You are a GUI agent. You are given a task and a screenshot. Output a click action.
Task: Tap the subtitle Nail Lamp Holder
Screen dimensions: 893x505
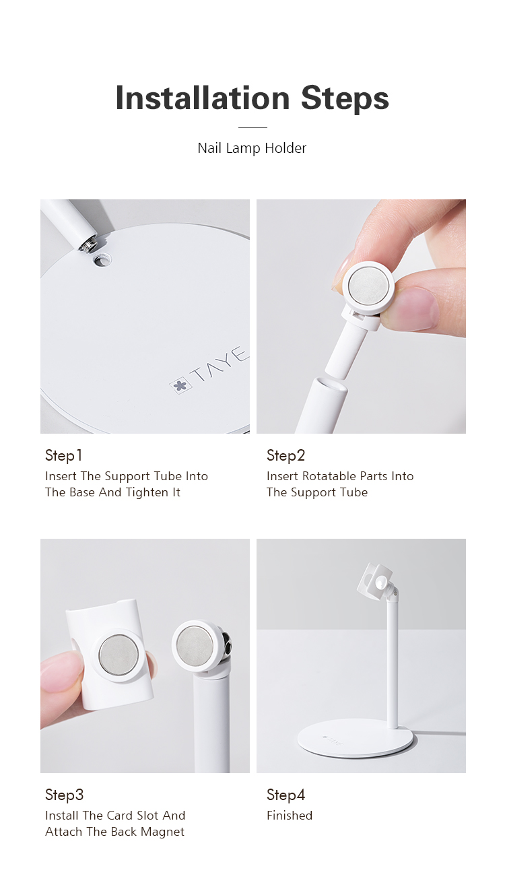pos(252,148)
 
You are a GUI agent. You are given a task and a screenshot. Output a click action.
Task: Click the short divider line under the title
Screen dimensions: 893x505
pos(252,127)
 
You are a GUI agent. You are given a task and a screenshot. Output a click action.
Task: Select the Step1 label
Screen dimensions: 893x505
pos(64,456)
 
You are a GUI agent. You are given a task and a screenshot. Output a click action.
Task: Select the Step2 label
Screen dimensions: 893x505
pos(286,456)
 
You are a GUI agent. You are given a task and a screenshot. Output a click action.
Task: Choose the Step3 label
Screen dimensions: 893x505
pos(65,795)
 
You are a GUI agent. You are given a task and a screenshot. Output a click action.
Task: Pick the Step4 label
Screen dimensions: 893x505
pos(286,795)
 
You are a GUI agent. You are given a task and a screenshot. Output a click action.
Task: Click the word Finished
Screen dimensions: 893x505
pos(290,816)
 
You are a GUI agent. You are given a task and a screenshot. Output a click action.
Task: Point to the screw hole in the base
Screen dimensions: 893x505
pos(103,259)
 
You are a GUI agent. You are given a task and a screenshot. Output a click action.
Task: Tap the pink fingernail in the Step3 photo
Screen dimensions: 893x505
pos(61,670)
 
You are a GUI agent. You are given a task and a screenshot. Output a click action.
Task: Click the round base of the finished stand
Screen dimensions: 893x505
pos(355,741)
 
